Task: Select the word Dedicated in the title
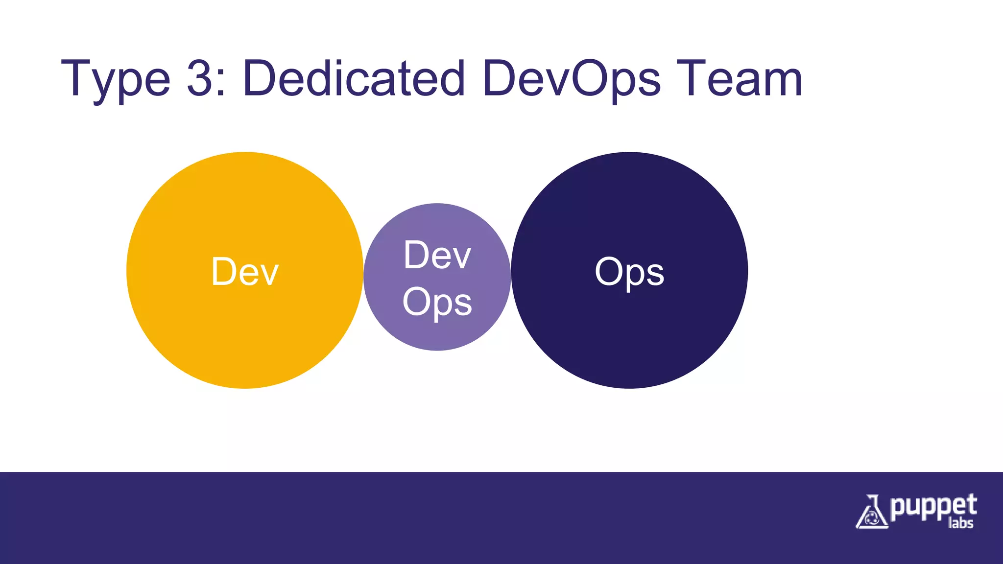coord(353,78)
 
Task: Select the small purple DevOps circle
coord(437,333)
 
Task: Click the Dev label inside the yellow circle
coord(244,272)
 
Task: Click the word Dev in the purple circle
coord(437,255)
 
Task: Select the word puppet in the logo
coord(933,507)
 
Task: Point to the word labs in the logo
coord(960,523)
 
